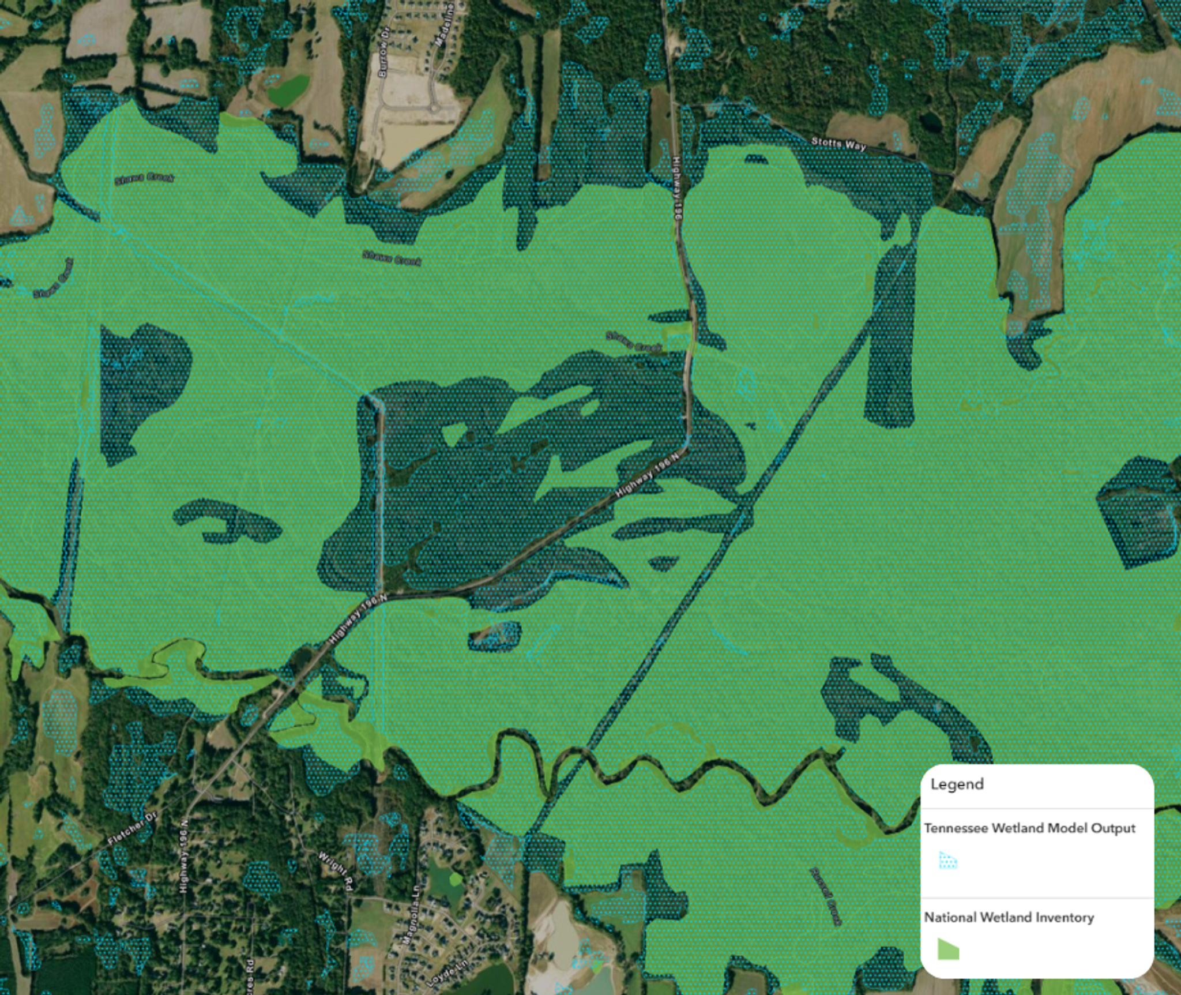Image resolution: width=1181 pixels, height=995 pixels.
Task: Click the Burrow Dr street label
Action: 383,51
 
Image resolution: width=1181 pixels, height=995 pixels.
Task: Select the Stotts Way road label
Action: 838,144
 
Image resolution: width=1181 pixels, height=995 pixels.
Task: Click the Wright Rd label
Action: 335,871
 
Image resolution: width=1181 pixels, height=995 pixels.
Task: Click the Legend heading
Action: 957,784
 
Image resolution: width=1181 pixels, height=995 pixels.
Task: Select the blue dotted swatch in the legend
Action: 947,861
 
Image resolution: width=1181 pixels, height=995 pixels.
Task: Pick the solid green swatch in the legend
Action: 947,949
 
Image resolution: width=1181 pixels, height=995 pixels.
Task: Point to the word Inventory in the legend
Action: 1066,917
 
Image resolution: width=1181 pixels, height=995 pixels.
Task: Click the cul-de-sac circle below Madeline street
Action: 433,108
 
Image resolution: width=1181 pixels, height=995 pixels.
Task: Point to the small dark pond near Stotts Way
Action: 929,122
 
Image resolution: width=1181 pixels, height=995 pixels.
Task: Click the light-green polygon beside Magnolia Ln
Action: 455,879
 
